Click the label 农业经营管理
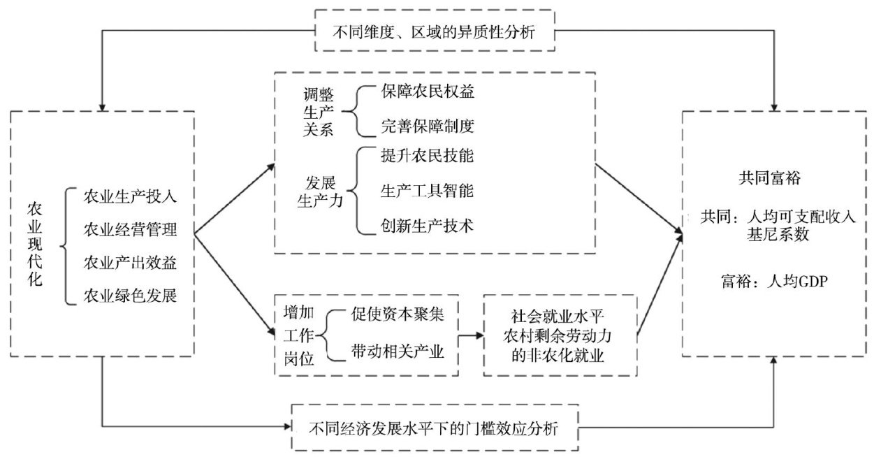[x=130, y=228]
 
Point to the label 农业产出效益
[x=130, y=263]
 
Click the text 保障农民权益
[x=428, y=92]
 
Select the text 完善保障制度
[x=428, y=126]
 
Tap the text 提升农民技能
[x=428, y=157]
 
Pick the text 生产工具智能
[x=428, y=191]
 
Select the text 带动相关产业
[x=397, y=352]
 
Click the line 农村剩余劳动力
[x=560, y=335]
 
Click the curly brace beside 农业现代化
[x=67, y=245]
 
